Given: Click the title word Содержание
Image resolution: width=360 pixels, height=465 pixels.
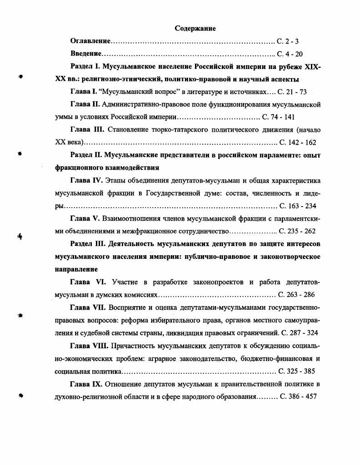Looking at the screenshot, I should click(195, 29).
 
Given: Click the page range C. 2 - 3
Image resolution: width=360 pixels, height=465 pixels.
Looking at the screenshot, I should click(288, 41).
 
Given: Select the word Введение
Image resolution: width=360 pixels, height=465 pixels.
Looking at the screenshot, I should click(85, 54).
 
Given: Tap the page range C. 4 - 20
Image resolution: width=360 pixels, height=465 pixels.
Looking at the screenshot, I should click(290, 54).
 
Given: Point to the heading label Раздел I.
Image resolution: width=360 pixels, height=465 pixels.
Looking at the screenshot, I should click(85, 66).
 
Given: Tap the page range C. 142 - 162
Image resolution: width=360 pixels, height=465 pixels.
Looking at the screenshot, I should click(298, 142).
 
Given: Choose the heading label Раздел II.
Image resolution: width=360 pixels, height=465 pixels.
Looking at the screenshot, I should click(87, 155).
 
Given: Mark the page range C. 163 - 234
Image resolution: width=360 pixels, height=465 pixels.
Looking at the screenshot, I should click(298, 206).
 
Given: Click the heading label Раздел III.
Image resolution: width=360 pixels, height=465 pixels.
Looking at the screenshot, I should click(88, 244).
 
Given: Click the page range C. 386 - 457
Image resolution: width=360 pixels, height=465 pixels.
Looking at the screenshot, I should click(298, 396).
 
